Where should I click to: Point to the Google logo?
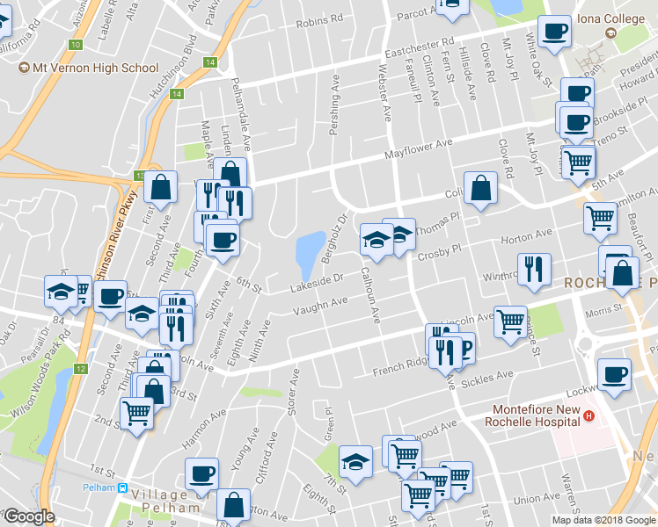(x=28, y=516)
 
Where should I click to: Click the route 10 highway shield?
(x=77, y=44)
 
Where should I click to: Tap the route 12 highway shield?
(x=80, y=369)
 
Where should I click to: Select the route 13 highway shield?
(x=141, y=176)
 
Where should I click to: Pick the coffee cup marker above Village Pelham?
(x=201, y=474)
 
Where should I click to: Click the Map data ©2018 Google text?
(x=603, y=519)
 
